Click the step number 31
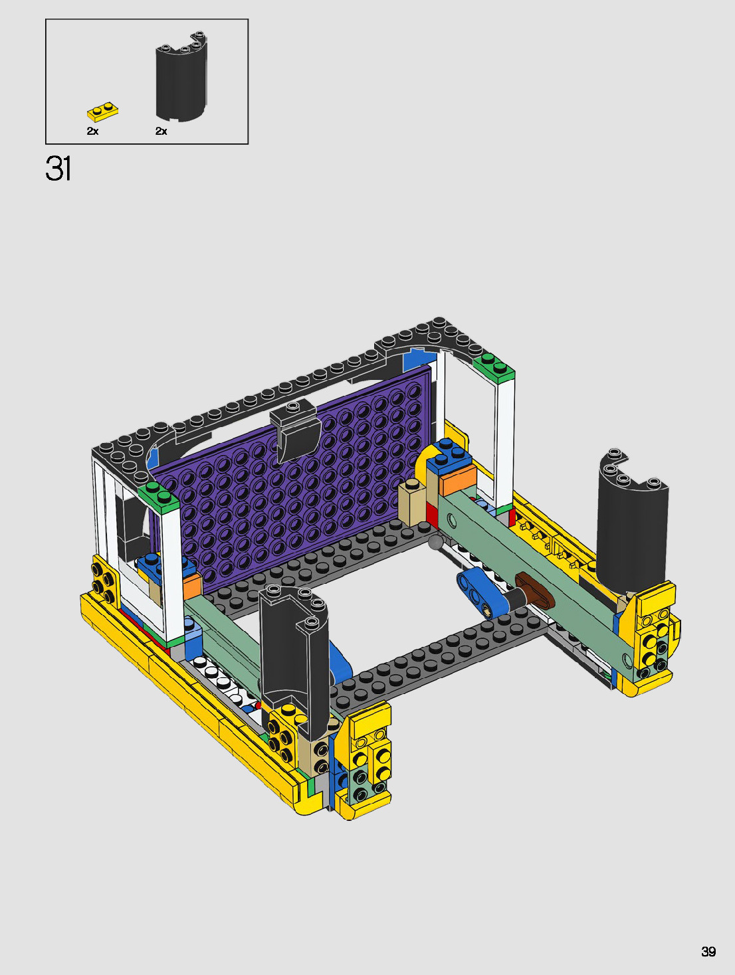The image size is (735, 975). click(x=58, y=169)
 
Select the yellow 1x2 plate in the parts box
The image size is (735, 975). click(x=102, y=112)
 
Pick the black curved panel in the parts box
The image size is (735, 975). click(x=181, y=76)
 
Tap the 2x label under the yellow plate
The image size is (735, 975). click(x=92, y=131)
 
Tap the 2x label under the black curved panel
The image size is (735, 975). click(x=161, y=131)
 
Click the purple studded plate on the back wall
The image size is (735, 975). click(x=289, y=480)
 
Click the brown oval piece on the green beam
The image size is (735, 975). click(x=535, y=589)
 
